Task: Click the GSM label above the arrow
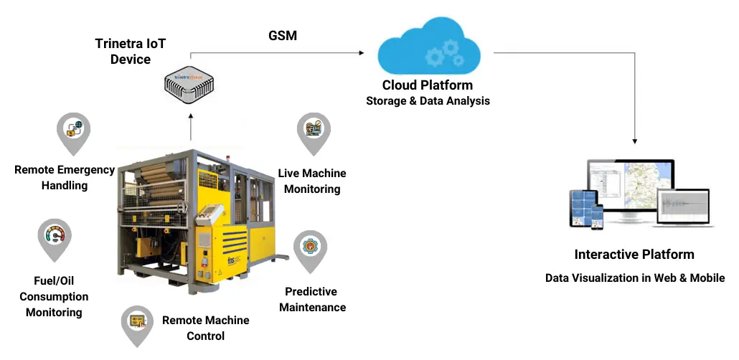coord(283,35)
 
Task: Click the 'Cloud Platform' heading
coord(427,85)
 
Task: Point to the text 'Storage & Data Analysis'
coord(428,101)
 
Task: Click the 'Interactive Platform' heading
coord(634,255)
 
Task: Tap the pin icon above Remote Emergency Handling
coord(73,133)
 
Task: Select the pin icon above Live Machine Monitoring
coord(314,133)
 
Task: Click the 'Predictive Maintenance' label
coord(313,300)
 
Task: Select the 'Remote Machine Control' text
coord(205,328)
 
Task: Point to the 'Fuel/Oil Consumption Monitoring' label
coord(54,296)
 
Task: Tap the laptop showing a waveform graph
coord(683,208)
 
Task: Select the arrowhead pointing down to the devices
coord(635,141)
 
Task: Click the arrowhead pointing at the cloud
coord(362,52)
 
